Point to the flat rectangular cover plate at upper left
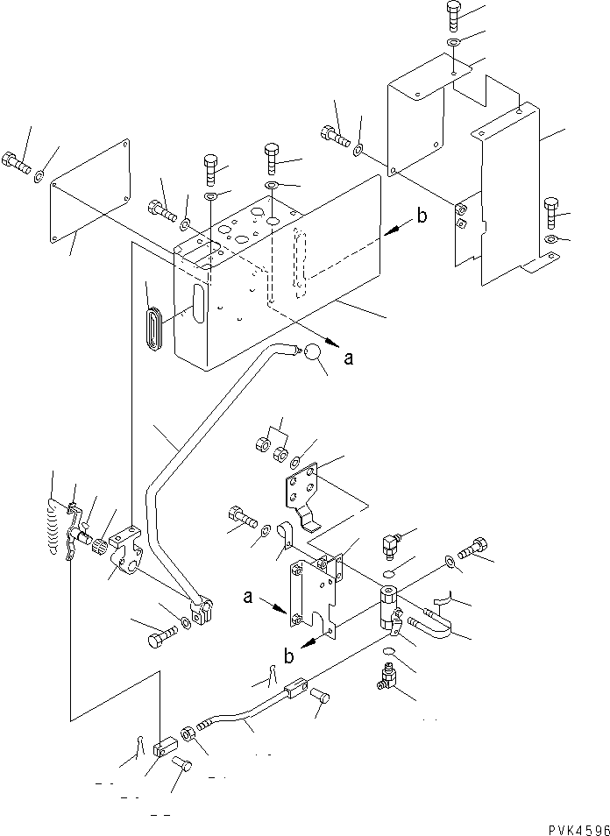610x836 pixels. pyautogui.click(x=91, y=190)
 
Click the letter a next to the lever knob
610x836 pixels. pyautogui.click(x=350, y=358)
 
